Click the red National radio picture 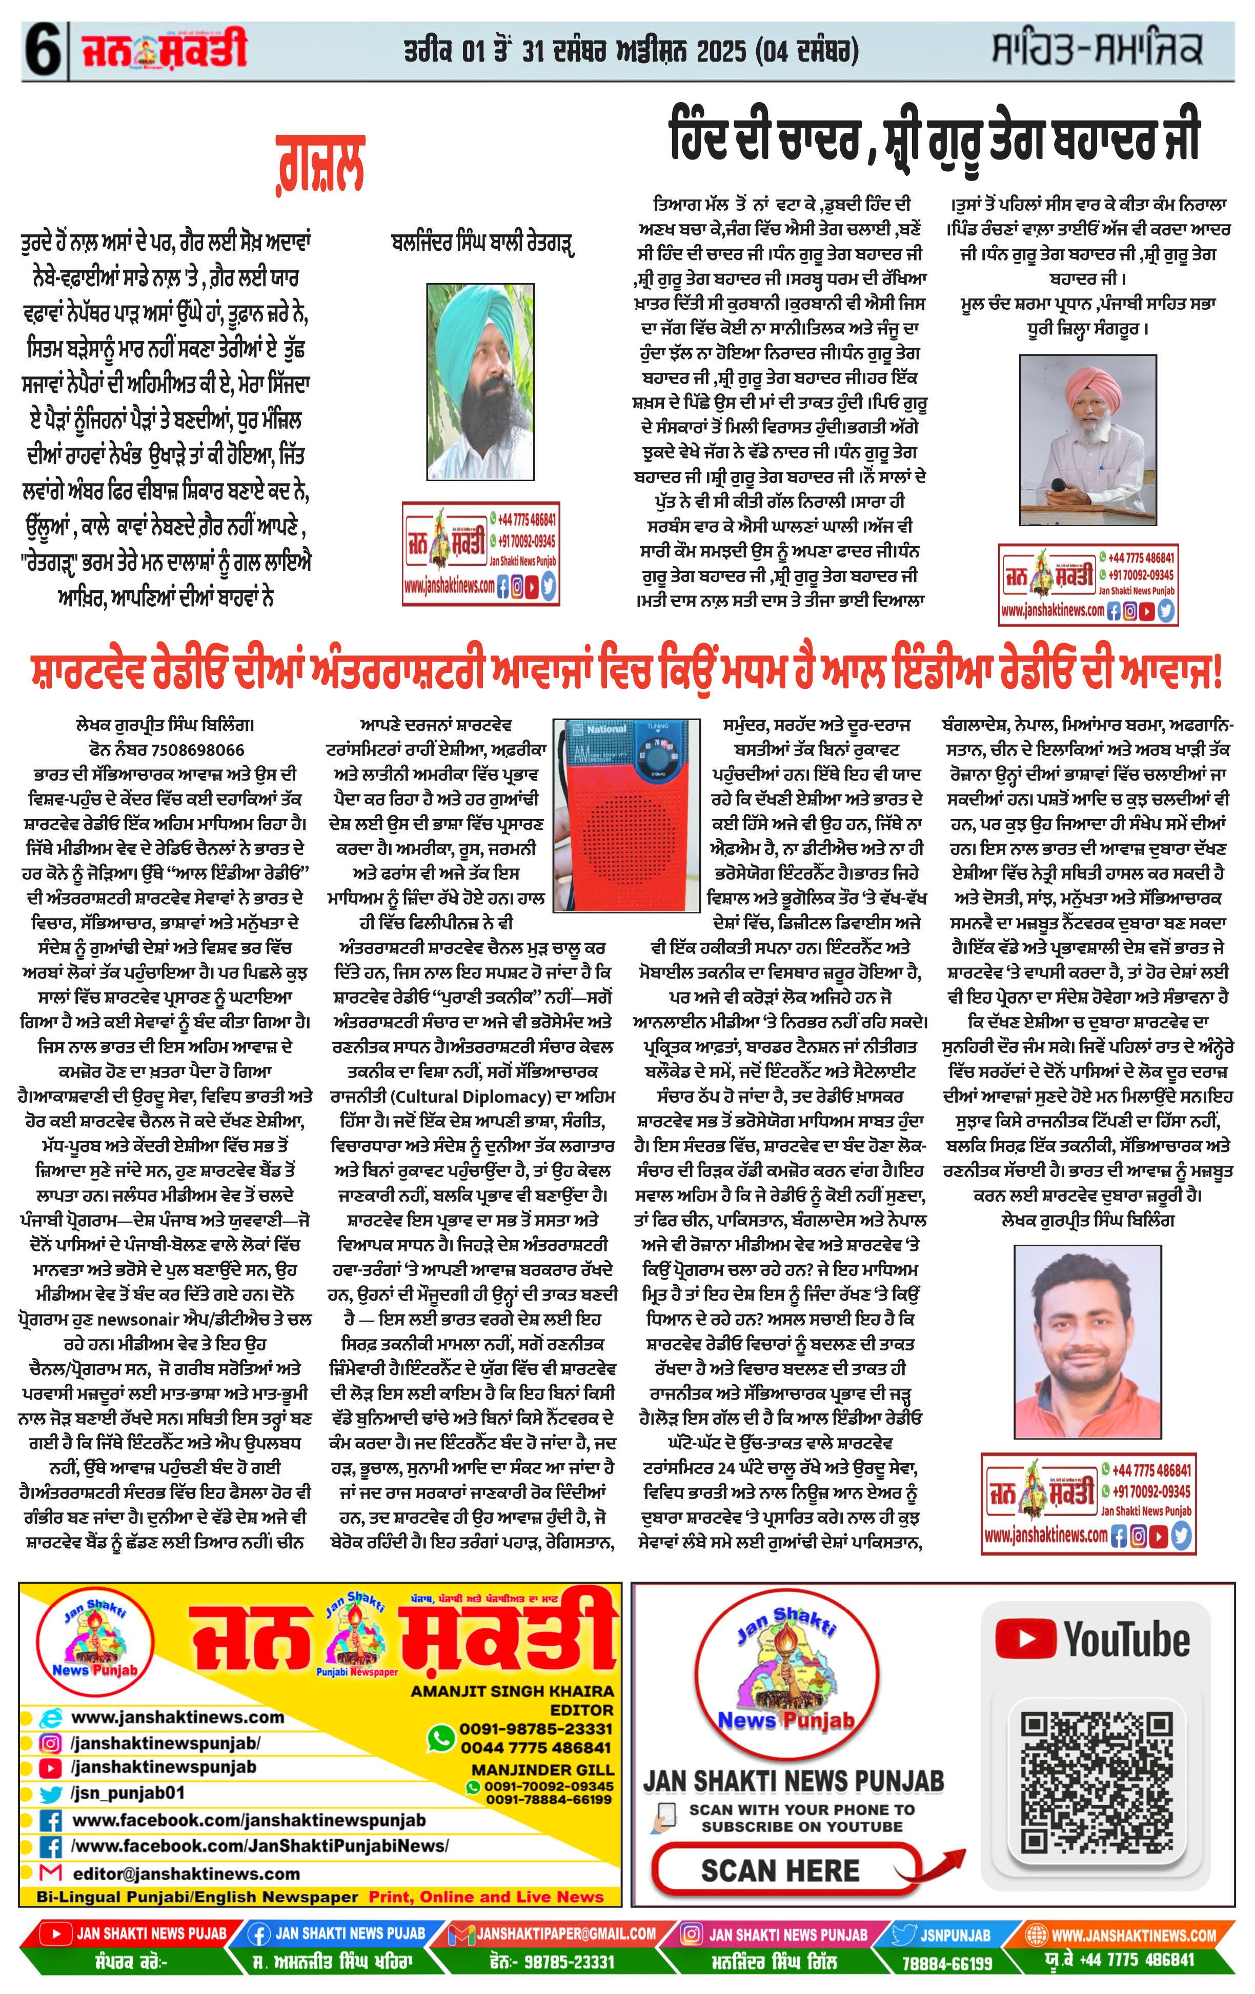point(626,815)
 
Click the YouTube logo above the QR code point(1093,1640)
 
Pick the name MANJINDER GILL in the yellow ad point(542,1769)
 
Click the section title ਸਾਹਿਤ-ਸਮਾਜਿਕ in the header point(1097,50)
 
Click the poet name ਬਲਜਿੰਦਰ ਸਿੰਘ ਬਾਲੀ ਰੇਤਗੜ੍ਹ point(482,244)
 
